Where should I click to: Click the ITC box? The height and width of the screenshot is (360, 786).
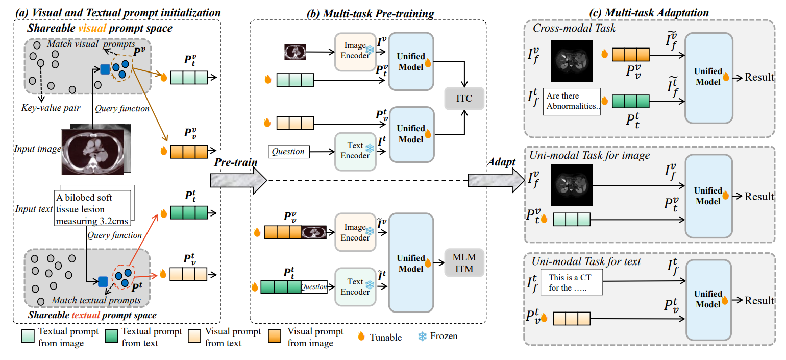click(463, 98)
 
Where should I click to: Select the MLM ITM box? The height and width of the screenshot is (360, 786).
click(463, 263)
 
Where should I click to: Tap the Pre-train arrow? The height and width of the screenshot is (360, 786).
click(238, 179)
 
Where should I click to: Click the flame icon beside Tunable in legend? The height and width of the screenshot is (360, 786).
click(362, 337)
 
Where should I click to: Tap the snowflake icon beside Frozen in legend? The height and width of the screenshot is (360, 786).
click(423, 337)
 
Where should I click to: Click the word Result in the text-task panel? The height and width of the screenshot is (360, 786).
click(759, 300)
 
